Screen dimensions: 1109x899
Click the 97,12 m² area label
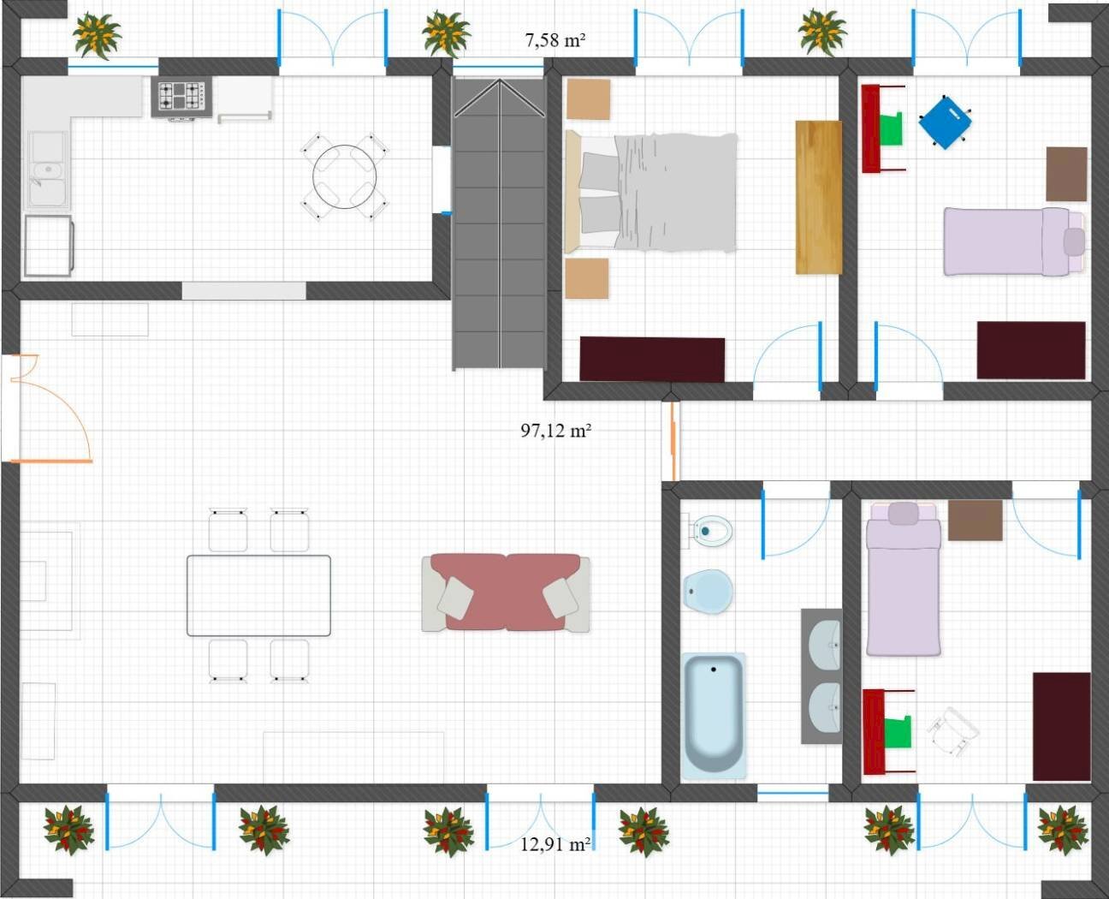tap(555, 431)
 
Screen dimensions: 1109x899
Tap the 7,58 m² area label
tap(555, 40)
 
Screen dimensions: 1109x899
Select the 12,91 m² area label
tap(555, 844)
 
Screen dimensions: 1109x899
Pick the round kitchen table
tap(344, 177)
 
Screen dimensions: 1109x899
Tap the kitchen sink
tap(47, 170)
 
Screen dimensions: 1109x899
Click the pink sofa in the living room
tap(506, 592)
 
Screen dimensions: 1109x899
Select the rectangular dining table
tap(258, 596)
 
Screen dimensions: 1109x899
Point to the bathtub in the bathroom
tap(714, 716)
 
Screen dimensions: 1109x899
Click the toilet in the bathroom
tap(708, 531)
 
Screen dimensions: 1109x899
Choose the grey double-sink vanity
tap(821, 676)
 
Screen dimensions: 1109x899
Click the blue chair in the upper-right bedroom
tap(945, 122)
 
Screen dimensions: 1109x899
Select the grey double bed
tap(651, 193)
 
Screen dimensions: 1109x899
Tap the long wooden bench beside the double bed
tap(818, 198)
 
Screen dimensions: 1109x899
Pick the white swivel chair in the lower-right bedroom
tap(952, 731)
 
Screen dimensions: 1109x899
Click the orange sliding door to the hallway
tap(673, 441)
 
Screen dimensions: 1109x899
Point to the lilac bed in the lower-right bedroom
tap(904, 578)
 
